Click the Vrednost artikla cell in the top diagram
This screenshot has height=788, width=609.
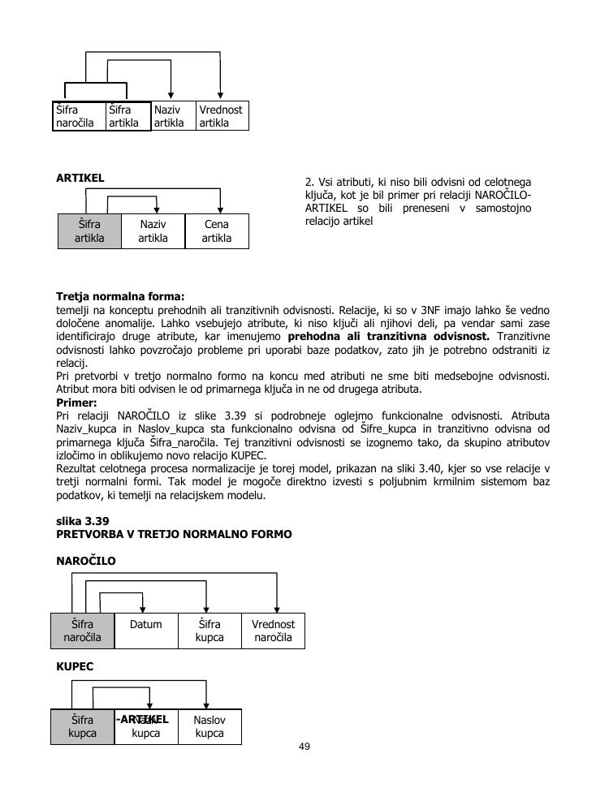(x=222, y=116)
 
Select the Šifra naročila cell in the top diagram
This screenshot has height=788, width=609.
(x=79, y=116)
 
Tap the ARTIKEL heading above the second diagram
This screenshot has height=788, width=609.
(x=80, y=178)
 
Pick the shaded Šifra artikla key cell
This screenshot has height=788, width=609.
(x=89, y=231)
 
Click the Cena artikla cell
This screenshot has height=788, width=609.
(x=217, y=231)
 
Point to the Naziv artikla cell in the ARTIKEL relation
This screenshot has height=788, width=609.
(x=153, y=231)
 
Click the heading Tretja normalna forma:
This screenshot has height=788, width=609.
(x=120, y=296)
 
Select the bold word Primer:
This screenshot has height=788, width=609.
(x=76, y=403)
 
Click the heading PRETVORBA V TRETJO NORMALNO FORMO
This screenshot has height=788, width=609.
(x=174, y=534)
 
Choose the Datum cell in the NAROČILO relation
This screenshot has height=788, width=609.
(x=146, y=631)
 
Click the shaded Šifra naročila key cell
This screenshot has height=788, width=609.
(x=82, y=631)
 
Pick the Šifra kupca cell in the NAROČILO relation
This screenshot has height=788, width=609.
(x=209, y=631)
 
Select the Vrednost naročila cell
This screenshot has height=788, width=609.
(x=274, y=631)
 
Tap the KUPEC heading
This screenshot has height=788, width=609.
(x=75, y=666)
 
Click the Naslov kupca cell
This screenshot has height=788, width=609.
(x=209, y=726)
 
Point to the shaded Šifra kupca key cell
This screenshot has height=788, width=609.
(x=82, y=726)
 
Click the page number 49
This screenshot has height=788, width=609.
(x=304, y=747)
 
